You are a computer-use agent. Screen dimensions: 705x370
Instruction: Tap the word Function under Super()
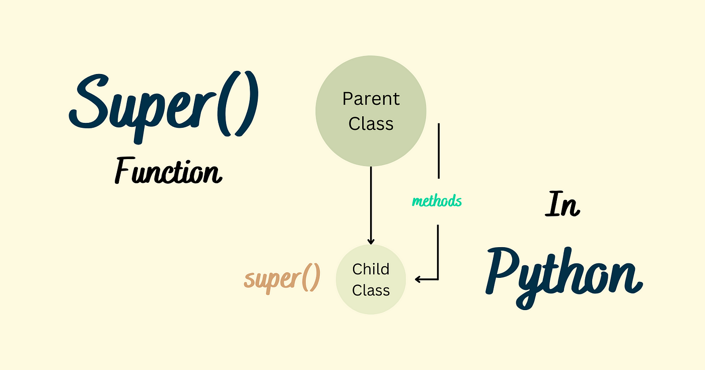pos(168,170)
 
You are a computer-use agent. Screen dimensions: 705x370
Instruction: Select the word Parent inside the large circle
pos(371,99)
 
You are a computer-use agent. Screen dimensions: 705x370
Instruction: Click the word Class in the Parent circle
pos(371,123)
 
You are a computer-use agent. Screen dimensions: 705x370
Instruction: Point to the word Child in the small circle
pos(371,269)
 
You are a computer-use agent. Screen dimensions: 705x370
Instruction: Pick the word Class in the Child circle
pos(371,290)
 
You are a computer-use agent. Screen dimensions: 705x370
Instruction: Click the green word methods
pos(437,201)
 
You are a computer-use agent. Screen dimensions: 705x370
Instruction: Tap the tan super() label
pos(282,278)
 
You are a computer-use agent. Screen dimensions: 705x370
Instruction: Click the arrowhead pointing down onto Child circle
pos(371,242)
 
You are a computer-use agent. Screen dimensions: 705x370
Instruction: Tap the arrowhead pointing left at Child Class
pos(417,279)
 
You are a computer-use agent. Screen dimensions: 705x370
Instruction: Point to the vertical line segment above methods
pos(439,151)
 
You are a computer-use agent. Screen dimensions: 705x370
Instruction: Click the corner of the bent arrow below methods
pos(438,279)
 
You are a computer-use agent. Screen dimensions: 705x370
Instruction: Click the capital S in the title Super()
pos(90,101)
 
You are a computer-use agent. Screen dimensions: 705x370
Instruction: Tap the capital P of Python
pos(504,271)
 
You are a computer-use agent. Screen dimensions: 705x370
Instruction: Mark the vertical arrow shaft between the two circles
pos(371,204)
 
